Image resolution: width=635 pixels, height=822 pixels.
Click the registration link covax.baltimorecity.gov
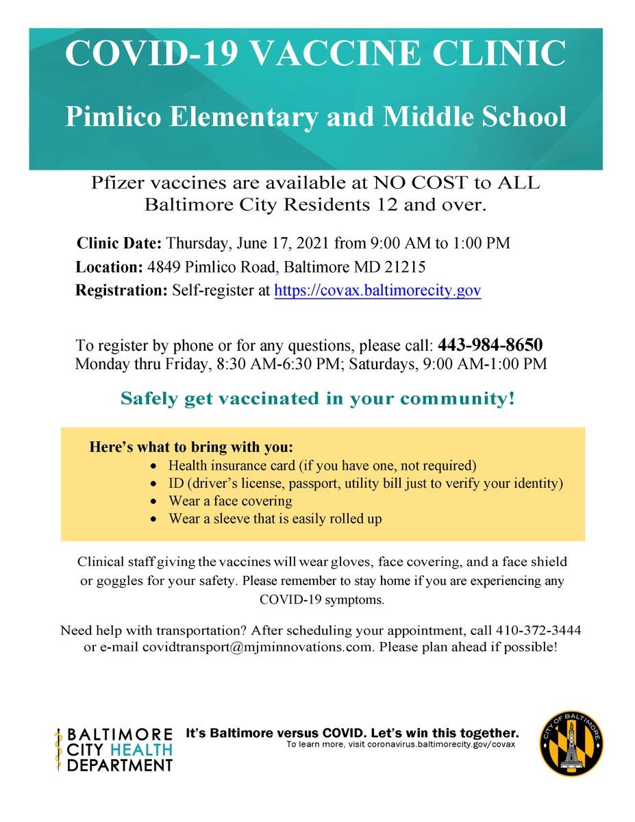[377, 290]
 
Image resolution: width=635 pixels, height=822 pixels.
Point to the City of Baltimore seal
[572, 743]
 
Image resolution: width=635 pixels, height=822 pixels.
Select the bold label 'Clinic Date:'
[119, 243]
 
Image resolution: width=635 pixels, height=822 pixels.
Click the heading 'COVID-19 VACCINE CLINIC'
[316, 54]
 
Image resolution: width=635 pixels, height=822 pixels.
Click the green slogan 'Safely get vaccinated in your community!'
[317, 399]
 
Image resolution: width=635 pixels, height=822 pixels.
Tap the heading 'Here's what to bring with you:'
[191, 447]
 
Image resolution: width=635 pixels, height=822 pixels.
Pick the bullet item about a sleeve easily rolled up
[275, 519]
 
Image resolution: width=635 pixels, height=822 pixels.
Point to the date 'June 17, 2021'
[274, 243]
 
